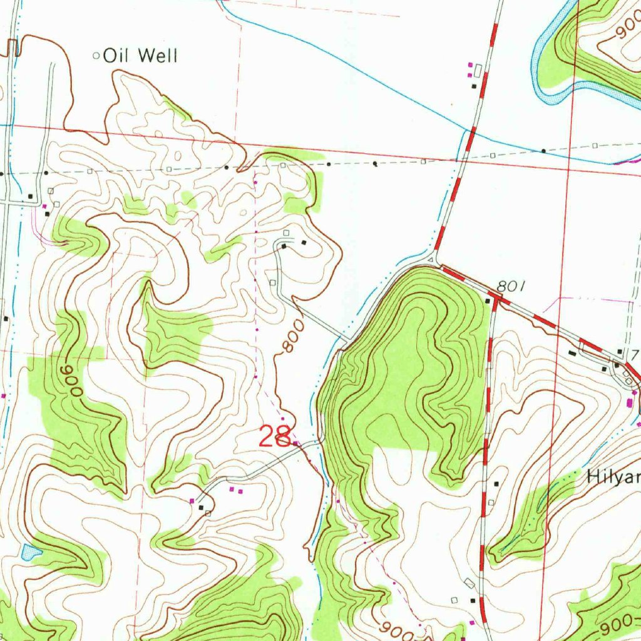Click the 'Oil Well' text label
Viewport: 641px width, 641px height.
[140, 56]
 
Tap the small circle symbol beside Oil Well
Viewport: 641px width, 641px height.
[96, 56]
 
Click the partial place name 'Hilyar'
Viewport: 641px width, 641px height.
[613, 478]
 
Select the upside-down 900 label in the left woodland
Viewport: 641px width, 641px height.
[71, 381]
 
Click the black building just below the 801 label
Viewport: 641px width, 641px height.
[488, 301]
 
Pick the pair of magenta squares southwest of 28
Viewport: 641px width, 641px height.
[235, 490]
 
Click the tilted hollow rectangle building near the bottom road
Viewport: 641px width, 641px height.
[469, 583]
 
